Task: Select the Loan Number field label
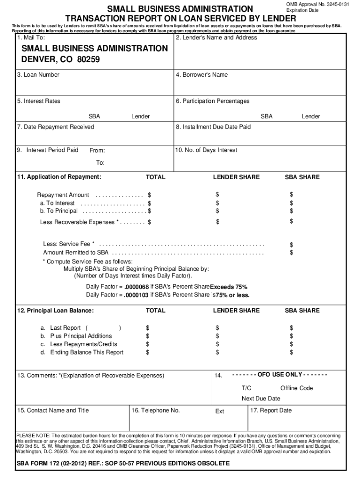tap(38, 75)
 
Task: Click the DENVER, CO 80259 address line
tap(60, 60)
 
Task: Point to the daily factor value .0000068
tap(137, 287)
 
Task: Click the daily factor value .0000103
tap(137, 295)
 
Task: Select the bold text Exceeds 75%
tap(229, 287)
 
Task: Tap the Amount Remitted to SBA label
tap(76, 253)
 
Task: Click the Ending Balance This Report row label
tap(86, 352)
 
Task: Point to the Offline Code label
tap(296, 388)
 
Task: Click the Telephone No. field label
tap(156, 410)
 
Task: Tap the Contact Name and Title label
tap(53, 410)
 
